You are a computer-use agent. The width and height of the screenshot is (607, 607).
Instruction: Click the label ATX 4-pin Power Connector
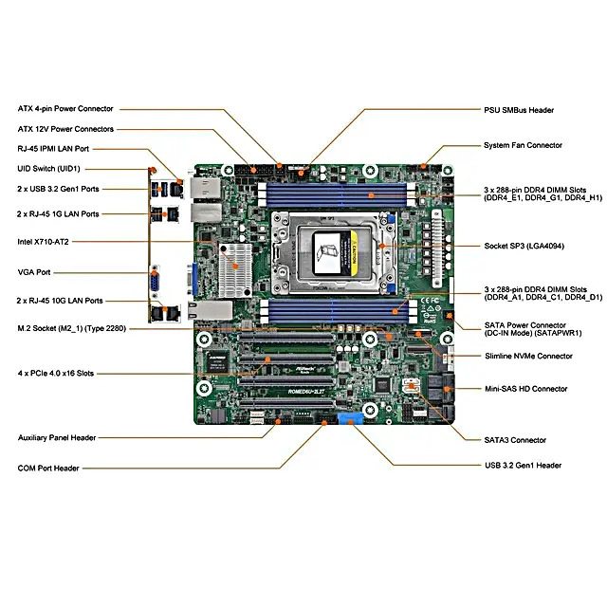(65, 109)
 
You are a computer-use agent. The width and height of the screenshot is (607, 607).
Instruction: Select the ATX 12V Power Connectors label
(65, 129)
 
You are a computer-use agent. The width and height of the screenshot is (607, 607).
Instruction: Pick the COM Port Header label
(48, 468)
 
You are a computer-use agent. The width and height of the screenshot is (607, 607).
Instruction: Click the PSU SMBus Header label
(519, 110)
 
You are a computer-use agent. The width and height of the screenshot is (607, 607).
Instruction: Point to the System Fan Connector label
(523, 145)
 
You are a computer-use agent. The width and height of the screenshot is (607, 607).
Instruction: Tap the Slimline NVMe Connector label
(528, 357)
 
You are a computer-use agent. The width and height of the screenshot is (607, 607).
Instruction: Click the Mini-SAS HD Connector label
(525, 389)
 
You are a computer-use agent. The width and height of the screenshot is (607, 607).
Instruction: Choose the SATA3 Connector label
(515, 440)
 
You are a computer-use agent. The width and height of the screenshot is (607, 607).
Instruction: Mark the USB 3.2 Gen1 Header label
(523, 466)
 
